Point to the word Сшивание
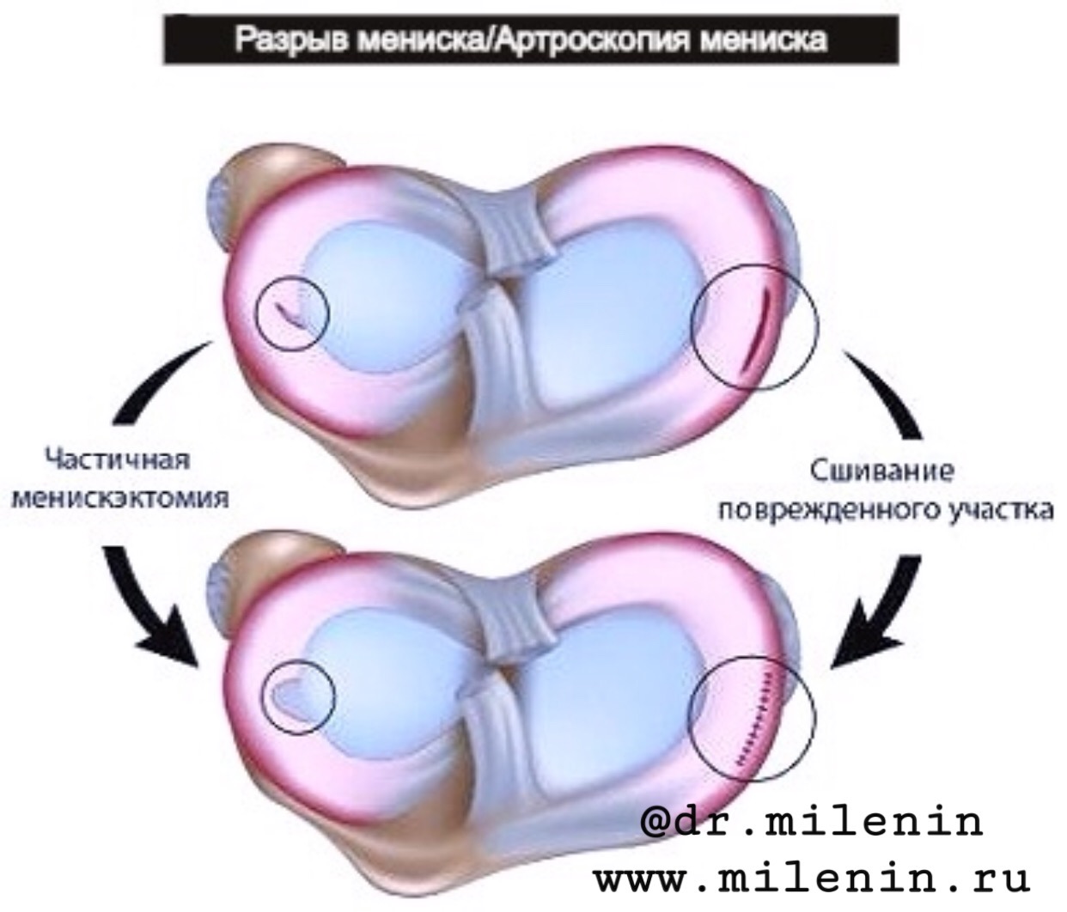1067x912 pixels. pos(882,471)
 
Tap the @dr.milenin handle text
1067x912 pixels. pos(812,822)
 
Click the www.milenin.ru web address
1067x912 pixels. pos(812,879)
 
